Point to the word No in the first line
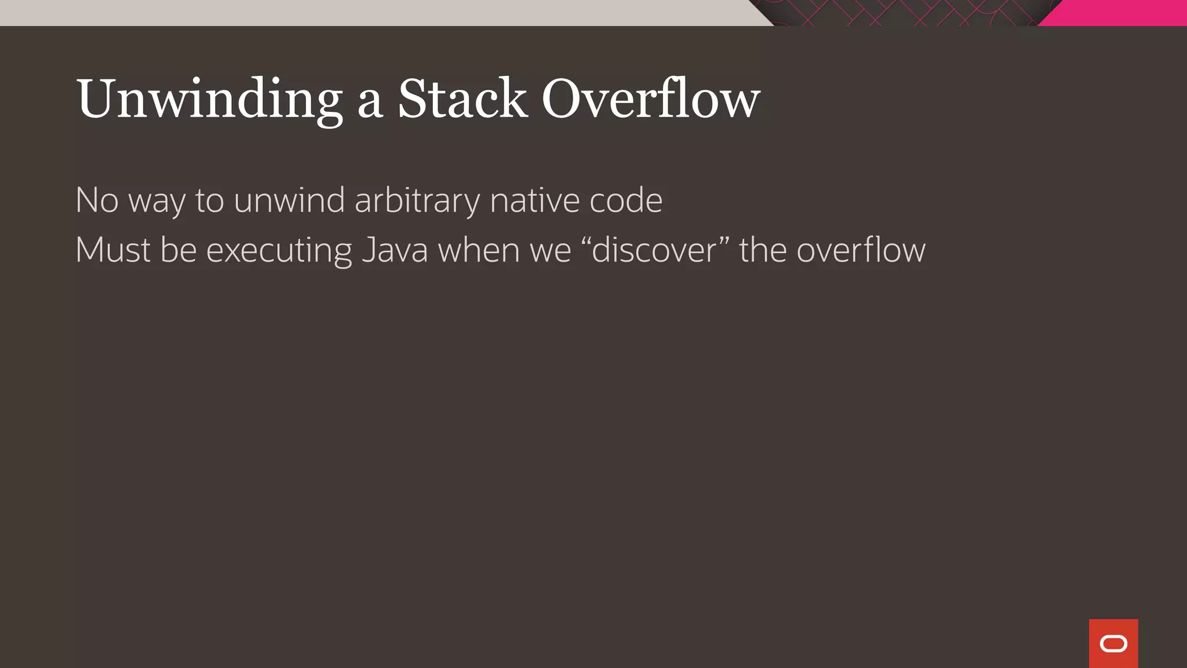tap(97, 201)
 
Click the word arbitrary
tap(417, 201)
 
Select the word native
tap(534, 201)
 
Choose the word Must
tap(112, 251)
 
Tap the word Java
tap(395, 251)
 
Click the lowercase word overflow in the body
tap(861, 251)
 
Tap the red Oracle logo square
tap(1113, 643)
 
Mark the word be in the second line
tap(179, 251)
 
